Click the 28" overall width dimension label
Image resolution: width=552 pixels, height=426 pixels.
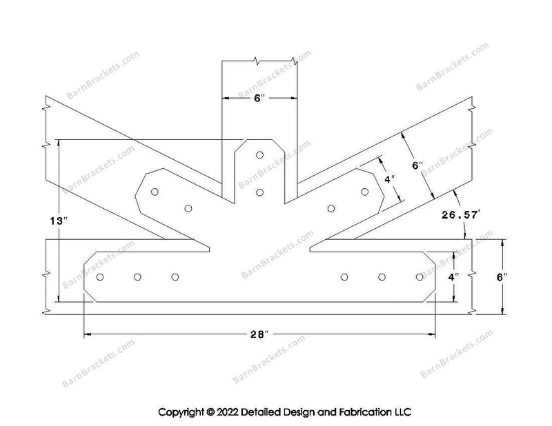click(259, 335)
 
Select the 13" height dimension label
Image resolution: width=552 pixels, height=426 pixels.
click(60, 221)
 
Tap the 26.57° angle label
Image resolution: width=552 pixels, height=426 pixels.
click(457, 215)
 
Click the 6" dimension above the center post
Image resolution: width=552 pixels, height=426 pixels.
click(259, 99)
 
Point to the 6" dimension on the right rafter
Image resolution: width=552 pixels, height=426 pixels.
click(417, 166)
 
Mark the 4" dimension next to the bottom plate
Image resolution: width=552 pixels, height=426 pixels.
click(452, 277)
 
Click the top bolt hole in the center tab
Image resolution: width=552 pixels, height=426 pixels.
click(259, 155)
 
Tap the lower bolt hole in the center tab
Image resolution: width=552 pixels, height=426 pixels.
click(259, 192)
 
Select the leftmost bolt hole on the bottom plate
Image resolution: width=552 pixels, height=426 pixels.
click(101, 277)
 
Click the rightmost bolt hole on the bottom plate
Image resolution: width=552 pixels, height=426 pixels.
click(420, 277)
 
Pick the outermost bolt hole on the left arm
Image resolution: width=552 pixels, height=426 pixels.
click(155, 192)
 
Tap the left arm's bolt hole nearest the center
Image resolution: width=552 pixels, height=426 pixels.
click(188, 207)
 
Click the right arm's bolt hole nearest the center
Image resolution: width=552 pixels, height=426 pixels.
click(331, 207)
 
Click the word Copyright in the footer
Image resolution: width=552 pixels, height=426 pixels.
click(181, 412)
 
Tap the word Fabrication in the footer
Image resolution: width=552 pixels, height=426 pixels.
click(365, 412)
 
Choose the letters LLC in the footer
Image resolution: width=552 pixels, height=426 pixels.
click(402, 412)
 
